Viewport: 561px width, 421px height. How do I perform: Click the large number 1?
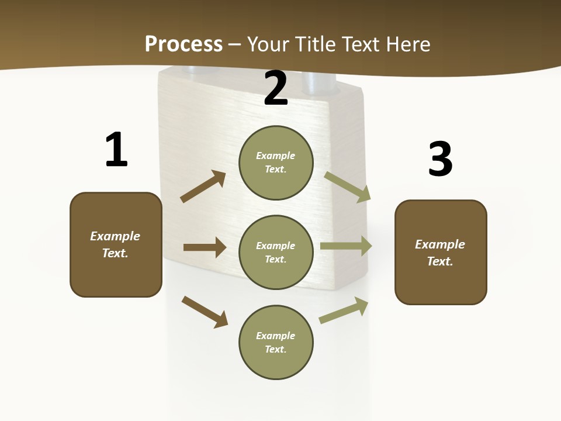point(116,150)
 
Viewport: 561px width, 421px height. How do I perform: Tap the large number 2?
point(276,88)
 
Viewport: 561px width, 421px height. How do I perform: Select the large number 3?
point(441,160)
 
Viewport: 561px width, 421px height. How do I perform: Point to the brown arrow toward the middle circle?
point(205,247)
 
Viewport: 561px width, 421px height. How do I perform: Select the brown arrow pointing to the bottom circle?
point(205,312)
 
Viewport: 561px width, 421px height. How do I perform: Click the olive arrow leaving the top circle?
point(348,187)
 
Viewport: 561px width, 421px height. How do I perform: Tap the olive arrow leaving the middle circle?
point(346,246)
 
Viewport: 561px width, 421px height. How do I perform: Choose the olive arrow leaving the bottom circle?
point(344,310)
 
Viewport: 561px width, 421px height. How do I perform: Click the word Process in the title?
point(183,44)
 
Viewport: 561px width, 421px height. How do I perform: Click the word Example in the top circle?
point(276,156)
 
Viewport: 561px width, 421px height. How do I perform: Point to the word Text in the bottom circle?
point(275,349)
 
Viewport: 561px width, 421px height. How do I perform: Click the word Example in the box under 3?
point(440,244)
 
